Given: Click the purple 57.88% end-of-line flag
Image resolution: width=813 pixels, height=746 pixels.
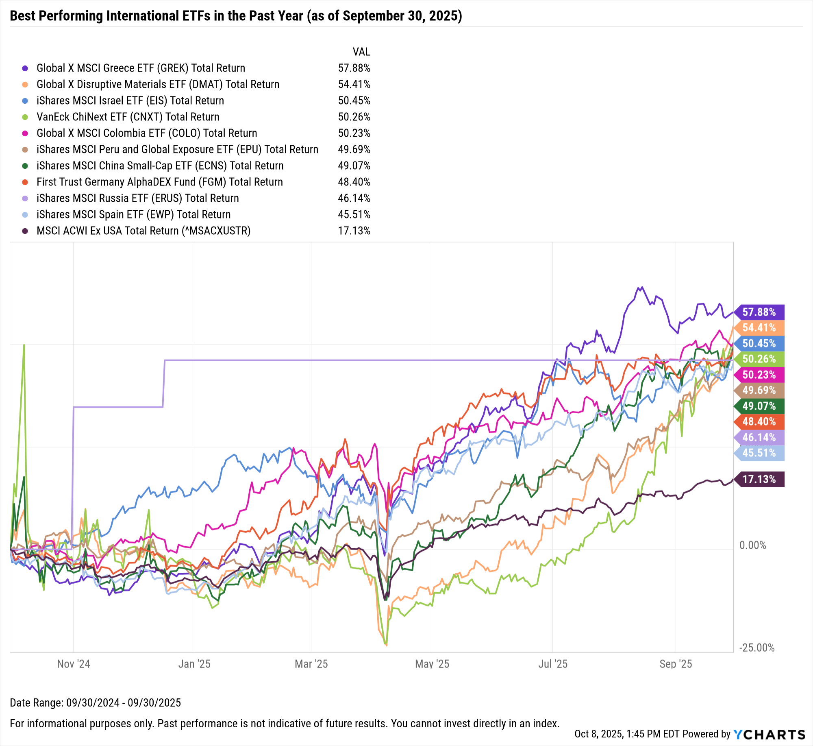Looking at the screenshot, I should (x=759, y=312).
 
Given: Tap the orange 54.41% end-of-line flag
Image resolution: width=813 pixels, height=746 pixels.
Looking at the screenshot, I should (x=759, y=327).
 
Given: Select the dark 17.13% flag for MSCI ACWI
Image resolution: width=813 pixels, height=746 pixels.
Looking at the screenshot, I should (x=759, y=479).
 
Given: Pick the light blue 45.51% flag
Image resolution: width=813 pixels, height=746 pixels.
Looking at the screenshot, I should (x=759, y=453).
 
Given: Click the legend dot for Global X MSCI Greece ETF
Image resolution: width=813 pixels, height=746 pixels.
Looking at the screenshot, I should (x=25, y=68).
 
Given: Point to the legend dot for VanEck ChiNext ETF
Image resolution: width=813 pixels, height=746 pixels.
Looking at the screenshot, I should (x=25, y=117).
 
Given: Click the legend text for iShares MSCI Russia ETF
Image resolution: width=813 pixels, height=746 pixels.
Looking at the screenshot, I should (x=137, y=198).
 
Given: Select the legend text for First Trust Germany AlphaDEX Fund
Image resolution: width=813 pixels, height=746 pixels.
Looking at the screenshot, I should (x=159, y=182).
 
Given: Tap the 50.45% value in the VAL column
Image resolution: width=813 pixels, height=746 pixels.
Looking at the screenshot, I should (x=354, y=100).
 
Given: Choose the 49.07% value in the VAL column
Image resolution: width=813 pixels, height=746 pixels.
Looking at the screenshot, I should (x=354, y=166).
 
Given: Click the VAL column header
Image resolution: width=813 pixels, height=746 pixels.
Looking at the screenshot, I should (x=361, y=52).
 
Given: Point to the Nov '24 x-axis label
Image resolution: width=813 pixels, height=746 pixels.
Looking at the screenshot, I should (x=74, y=664).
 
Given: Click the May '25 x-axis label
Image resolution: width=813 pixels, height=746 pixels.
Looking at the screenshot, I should (x=432, y=664).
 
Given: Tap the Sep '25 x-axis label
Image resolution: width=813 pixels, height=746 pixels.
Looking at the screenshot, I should (x=676, y=664).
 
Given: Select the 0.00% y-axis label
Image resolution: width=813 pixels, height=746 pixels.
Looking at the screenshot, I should (x=753, y=545).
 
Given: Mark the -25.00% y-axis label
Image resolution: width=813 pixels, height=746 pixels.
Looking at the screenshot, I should (x=756, y=648).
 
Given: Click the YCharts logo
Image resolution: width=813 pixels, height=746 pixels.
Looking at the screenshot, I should (x=769, y=734).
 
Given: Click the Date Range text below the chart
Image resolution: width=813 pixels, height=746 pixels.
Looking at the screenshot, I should (x=95, y=702).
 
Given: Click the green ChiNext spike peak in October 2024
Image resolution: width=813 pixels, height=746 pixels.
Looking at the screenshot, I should (x=24, y=345).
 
